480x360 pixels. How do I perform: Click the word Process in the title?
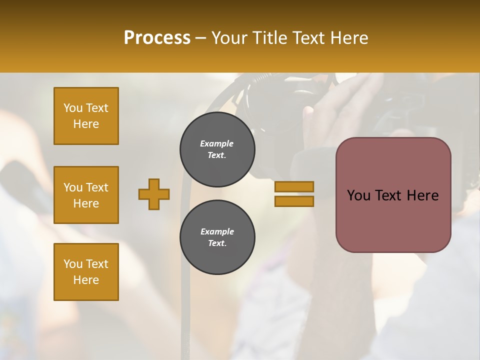click(x=157, y=38)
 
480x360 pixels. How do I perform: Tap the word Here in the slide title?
click(x=348, y=38)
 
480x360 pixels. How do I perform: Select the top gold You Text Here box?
click(x=86, y=116)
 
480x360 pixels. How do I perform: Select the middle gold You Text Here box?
click(x=86, y=195)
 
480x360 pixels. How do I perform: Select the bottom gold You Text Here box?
click(x=86, y=272)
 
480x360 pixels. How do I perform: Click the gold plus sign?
click(x=154, y=194)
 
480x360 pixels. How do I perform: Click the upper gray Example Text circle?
click(x=217, y=149)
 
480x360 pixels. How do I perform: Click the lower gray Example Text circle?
click(x=217, y=237)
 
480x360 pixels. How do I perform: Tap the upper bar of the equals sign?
click(x=294, y=186)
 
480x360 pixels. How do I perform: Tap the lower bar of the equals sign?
click(x=294, y=201)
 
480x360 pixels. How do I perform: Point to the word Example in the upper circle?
click(x=217, y=143)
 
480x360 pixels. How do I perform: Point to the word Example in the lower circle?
click(x=217, y=231)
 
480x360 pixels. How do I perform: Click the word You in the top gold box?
click(x=72, y=108)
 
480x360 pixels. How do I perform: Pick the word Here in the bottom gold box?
click(x=86, y=280)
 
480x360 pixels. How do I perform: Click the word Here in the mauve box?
click(x=422, y=195)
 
